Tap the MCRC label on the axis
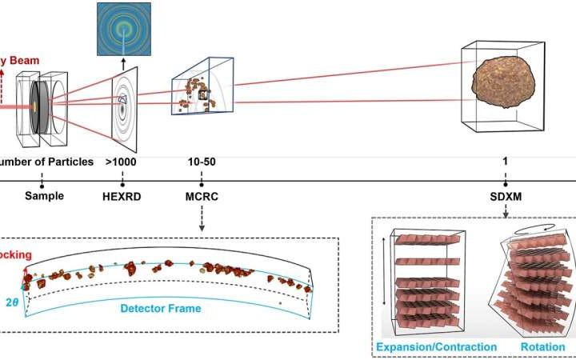coord(200,194)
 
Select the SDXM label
coord(506,194)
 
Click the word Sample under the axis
coord(43,194)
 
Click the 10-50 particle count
coord(201,163)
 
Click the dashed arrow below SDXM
coord(506,209)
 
